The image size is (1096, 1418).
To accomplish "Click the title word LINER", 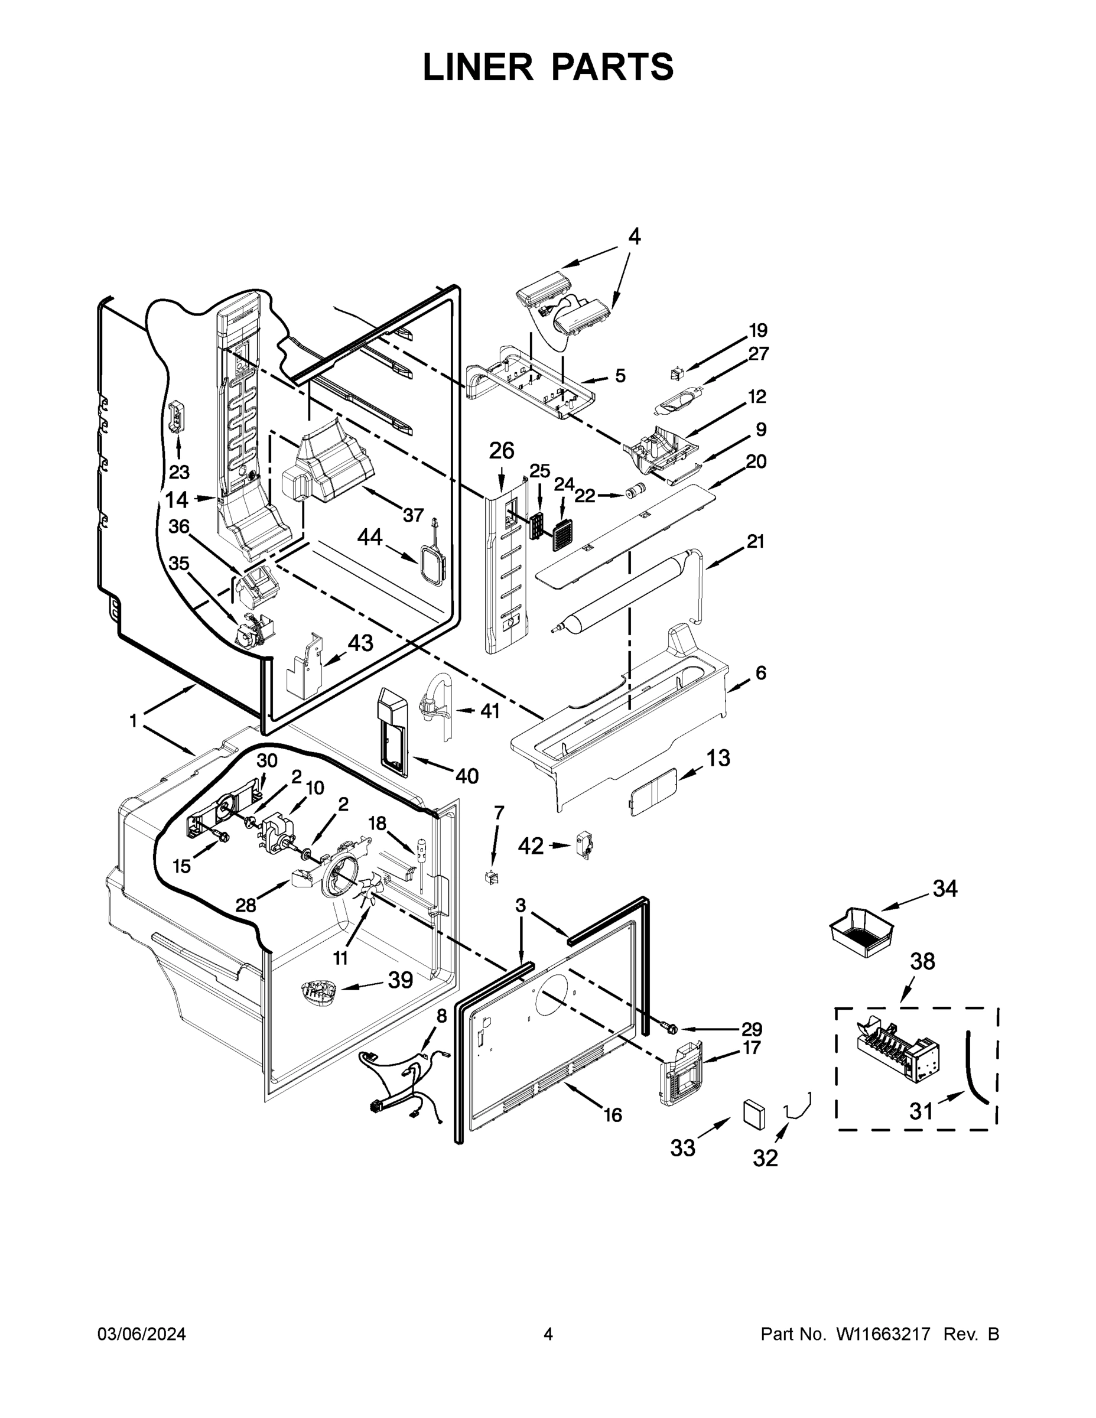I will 478,67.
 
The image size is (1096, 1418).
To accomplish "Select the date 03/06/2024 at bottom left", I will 142,1334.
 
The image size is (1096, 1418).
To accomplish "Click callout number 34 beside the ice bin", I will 945,889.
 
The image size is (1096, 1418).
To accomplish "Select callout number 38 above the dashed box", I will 922,961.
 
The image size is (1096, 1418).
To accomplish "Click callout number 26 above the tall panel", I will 501,451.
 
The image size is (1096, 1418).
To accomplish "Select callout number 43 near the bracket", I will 360,643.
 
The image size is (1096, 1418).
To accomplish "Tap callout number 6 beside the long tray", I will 760,672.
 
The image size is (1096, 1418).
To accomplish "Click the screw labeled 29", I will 670,1029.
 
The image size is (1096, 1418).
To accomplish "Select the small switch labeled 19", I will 677,374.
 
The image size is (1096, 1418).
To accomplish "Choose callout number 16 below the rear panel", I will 613,1115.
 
